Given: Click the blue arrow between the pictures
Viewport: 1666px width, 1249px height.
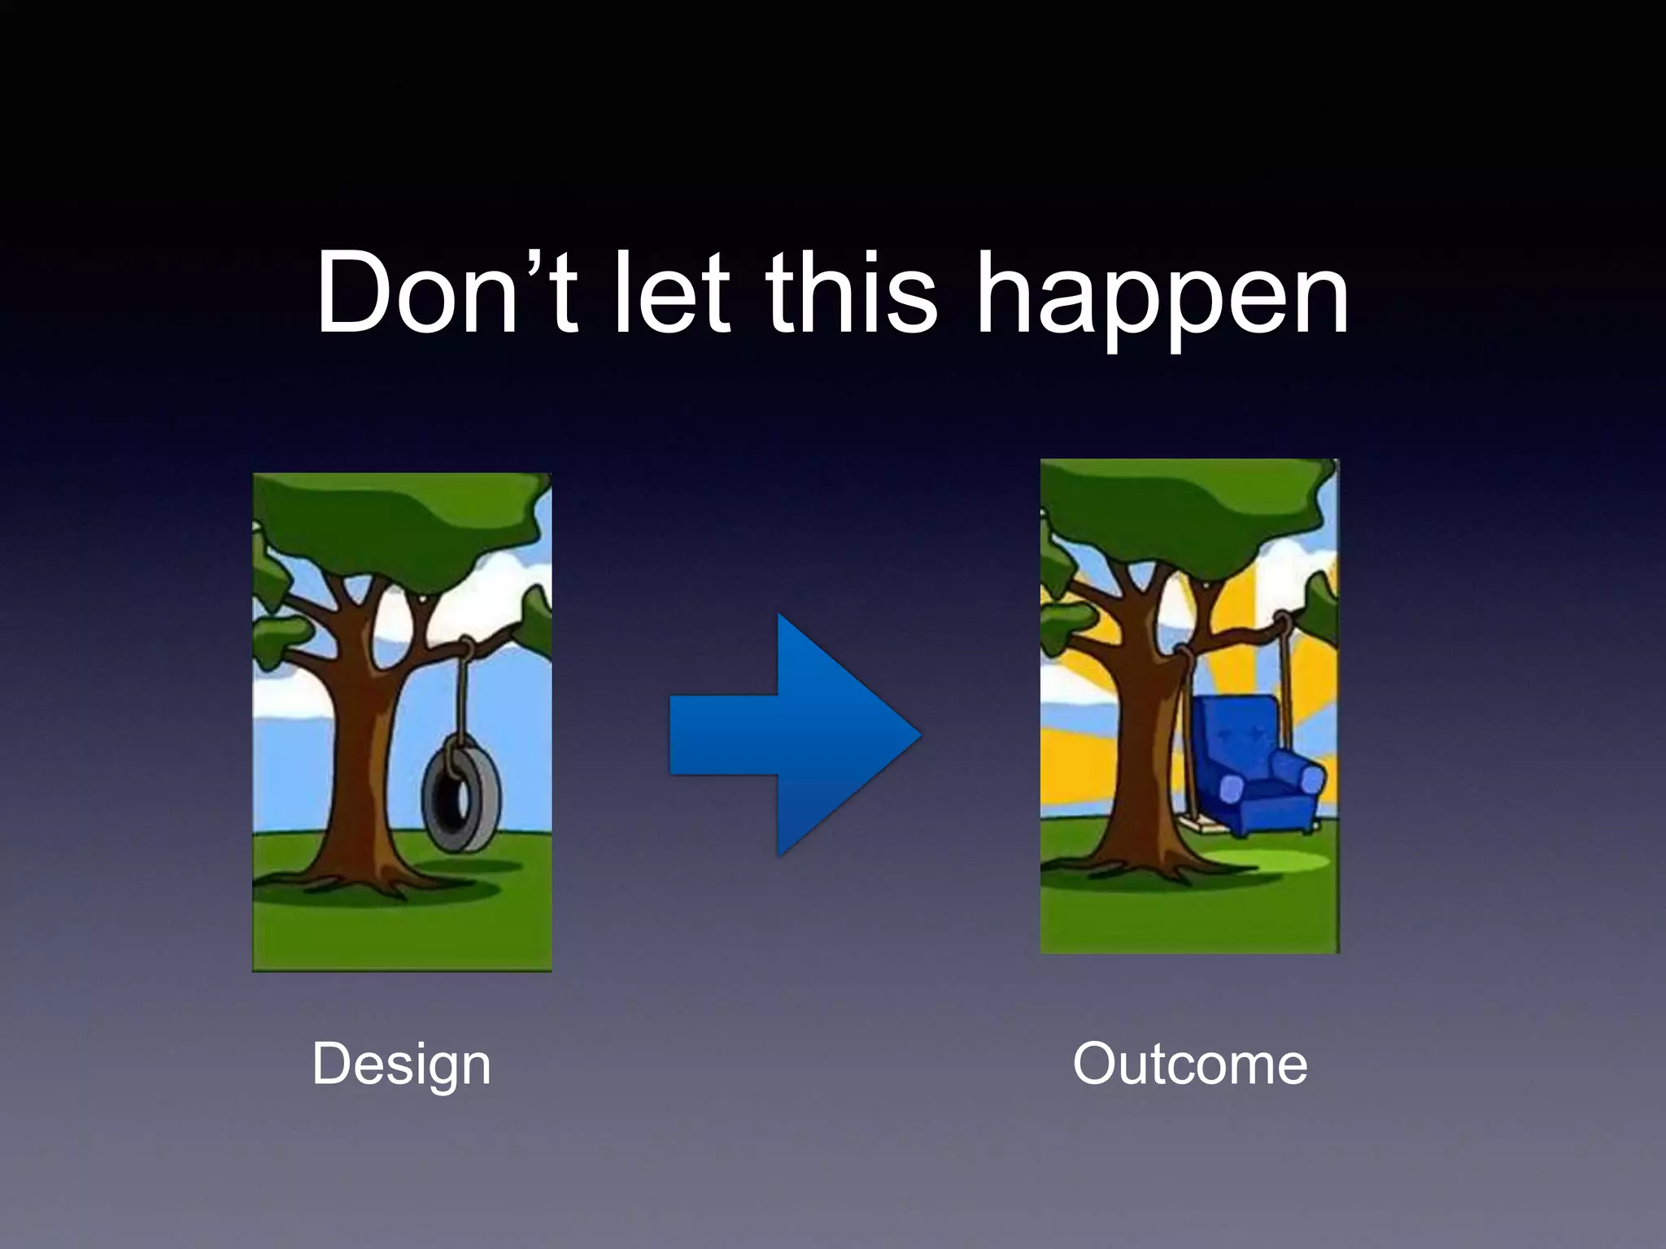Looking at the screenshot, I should [794, 734].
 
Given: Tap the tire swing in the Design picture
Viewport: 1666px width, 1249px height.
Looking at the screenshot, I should [460, 801].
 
